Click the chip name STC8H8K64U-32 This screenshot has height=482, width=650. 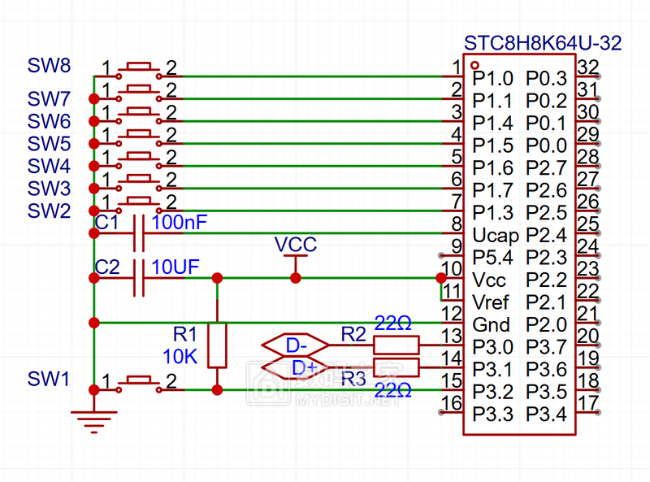(542, 43)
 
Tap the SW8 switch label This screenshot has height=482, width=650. (49, 64)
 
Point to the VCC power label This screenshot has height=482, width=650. (295, 245)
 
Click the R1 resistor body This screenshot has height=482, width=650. (217, 345)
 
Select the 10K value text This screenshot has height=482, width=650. (180, 355)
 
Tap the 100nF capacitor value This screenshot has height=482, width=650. (179, 222)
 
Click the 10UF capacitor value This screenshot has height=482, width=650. (175, 267)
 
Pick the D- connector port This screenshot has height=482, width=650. (295, 345)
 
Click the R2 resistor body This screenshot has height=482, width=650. (396, 345)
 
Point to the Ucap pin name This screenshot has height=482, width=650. (495, 236)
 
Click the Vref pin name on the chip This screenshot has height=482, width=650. (492, 302)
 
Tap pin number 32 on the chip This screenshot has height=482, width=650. (588, 67)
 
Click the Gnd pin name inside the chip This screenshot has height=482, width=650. (492, 325)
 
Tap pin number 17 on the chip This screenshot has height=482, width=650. (588, 402)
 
